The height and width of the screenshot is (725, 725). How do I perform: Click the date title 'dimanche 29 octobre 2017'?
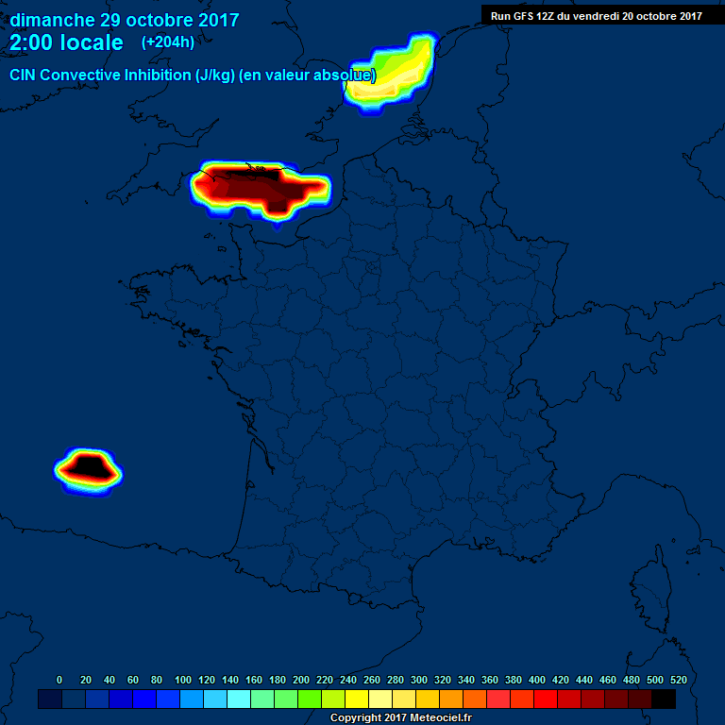tap(125, 20)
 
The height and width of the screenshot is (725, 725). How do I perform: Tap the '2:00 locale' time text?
tap(66, 43)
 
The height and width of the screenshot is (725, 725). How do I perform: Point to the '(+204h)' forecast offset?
tap(167, 42)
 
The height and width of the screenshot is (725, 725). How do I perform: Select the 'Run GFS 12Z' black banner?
tap(595, 15)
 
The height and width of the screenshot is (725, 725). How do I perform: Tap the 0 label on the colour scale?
tap(59, 680)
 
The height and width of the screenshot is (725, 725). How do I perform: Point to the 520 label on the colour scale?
tap(678, 680)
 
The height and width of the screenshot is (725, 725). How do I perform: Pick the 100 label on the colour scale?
tap(182, 680)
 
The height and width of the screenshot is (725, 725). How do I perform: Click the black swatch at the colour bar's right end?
tap(664, 699)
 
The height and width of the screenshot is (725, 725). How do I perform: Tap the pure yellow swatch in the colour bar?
tap(357, 699)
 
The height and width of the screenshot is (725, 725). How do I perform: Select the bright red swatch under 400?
tap(546, 699)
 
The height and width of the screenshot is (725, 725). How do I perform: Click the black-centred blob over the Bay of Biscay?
tap(87, 466)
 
